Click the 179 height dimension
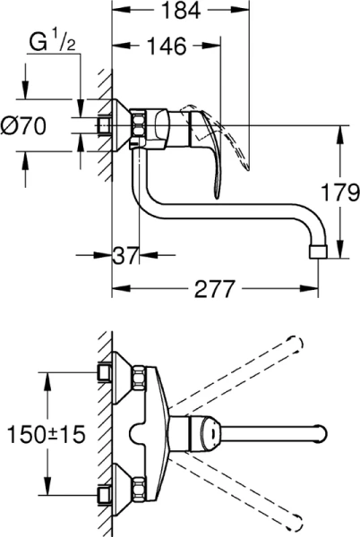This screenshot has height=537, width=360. pyautogui.click(x=340, y=191)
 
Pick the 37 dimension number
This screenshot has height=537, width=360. pyautogui.click(x=126, y=256)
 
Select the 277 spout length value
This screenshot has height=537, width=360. pyautogui.click(x=214, y=289)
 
